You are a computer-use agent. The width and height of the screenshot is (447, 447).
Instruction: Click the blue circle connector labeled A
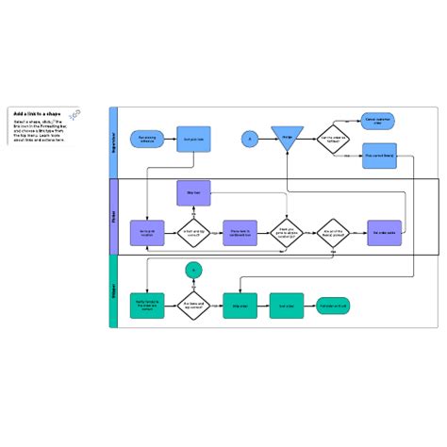(250, 140)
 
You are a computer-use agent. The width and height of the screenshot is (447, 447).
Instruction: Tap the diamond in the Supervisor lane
(333, 140)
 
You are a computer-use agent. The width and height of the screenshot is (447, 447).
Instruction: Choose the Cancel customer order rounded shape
(378, 120)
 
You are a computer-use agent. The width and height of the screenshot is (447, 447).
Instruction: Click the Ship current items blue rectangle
(378, 156)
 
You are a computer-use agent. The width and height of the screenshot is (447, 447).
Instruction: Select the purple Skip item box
(193, 192)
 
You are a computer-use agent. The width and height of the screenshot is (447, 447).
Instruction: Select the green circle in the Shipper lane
(193, 244)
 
